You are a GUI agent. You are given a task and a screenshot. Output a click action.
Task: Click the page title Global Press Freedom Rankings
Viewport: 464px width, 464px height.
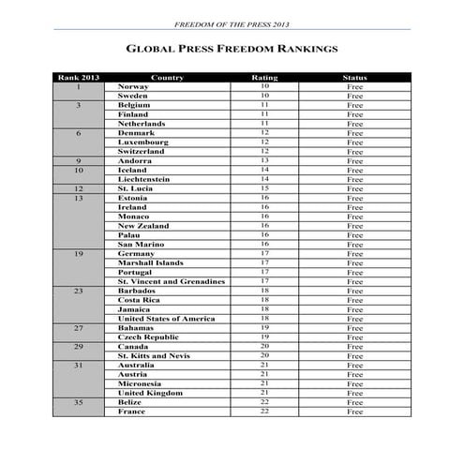coord(231,48)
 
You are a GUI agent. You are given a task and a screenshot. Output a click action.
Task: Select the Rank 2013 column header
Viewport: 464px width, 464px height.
coord(79,78)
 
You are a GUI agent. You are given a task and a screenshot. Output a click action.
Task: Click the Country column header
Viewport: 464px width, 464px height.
coord(166,78)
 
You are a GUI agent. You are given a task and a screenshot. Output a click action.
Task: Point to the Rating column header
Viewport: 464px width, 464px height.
coord(264,78)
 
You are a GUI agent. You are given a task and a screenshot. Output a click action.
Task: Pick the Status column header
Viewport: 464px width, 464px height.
coord(354,78)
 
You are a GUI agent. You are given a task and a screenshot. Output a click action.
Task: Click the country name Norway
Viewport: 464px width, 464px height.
coord(133,87)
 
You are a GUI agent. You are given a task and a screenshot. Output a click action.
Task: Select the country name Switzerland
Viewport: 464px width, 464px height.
coord(142,151)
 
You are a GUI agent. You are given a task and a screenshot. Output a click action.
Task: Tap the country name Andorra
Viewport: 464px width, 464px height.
coord(136,160)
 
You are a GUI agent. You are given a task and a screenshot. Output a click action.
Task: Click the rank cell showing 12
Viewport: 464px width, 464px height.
coord(79,188)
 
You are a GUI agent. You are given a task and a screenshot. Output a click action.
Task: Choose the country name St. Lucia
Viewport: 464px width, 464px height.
coord(137,188)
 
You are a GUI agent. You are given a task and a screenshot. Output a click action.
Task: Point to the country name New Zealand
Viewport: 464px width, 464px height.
coord(143,226)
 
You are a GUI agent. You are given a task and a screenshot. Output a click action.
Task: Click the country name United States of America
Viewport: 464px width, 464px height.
coord(166,319)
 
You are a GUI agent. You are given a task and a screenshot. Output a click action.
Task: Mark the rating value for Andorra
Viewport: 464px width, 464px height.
coord(264,160)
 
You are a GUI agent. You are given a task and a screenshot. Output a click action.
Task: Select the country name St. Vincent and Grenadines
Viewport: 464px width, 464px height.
coord(171,281)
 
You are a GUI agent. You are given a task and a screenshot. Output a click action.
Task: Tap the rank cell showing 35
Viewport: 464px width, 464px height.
coord(79,402)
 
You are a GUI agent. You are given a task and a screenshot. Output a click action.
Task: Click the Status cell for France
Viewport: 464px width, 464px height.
coord(354,412)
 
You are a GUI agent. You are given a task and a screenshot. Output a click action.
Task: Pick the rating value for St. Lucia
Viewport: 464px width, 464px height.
coord(264,188)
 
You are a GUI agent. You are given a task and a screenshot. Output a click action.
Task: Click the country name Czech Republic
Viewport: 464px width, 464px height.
coord(148,337)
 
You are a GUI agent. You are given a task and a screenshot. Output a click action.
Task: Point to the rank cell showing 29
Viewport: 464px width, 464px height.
coord(79,347)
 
